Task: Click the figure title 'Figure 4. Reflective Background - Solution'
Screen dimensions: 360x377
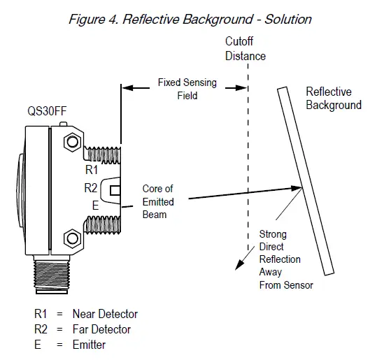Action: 190,19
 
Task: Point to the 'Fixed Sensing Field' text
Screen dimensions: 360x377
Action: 187,89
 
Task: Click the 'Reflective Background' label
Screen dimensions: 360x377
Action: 334,99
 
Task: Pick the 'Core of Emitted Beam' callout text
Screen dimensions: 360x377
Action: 158,201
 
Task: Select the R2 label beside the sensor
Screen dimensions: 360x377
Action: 91,188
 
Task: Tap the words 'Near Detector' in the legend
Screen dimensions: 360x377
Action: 105,314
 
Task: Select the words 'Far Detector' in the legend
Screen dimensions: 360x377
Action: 101,329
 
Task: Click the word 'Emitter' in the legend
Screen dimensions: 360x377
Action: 90,345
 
